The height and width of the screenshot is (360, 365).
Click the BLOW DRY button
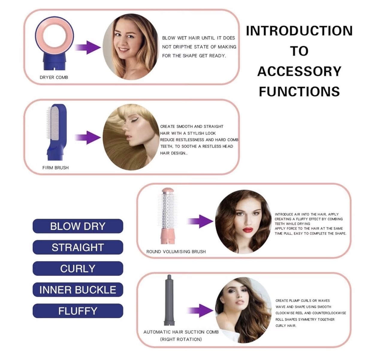click(78, 226)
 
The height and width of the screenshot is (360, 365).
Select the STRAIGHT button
click(78, 247)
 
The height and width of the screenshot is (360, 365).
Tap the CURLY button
click(78, 268)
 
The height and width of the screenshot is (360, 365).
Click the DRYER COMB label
click(54, 77)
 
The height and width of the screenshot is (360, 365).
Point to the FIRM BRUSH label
click(55, 168)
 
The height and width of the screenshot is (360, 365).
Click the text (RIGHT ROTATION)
click(181, 339)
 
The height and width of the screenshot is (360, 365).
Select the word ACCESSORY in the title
click(299, 71)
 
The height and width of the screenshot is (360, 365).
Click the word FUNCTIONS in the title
click(299, 91)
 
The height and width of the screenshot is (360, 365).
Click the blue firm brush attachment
click(57, 132)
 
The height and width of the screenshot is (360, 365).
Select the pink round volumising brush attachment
click(167, 216)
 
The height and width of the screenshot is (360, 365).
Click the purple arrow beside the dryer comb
click(88, 47)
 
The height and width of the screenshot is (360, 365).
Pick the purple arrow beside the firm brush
click(88, 137)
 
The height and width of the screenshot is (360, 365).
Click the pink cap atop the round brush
click(167, 190)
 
